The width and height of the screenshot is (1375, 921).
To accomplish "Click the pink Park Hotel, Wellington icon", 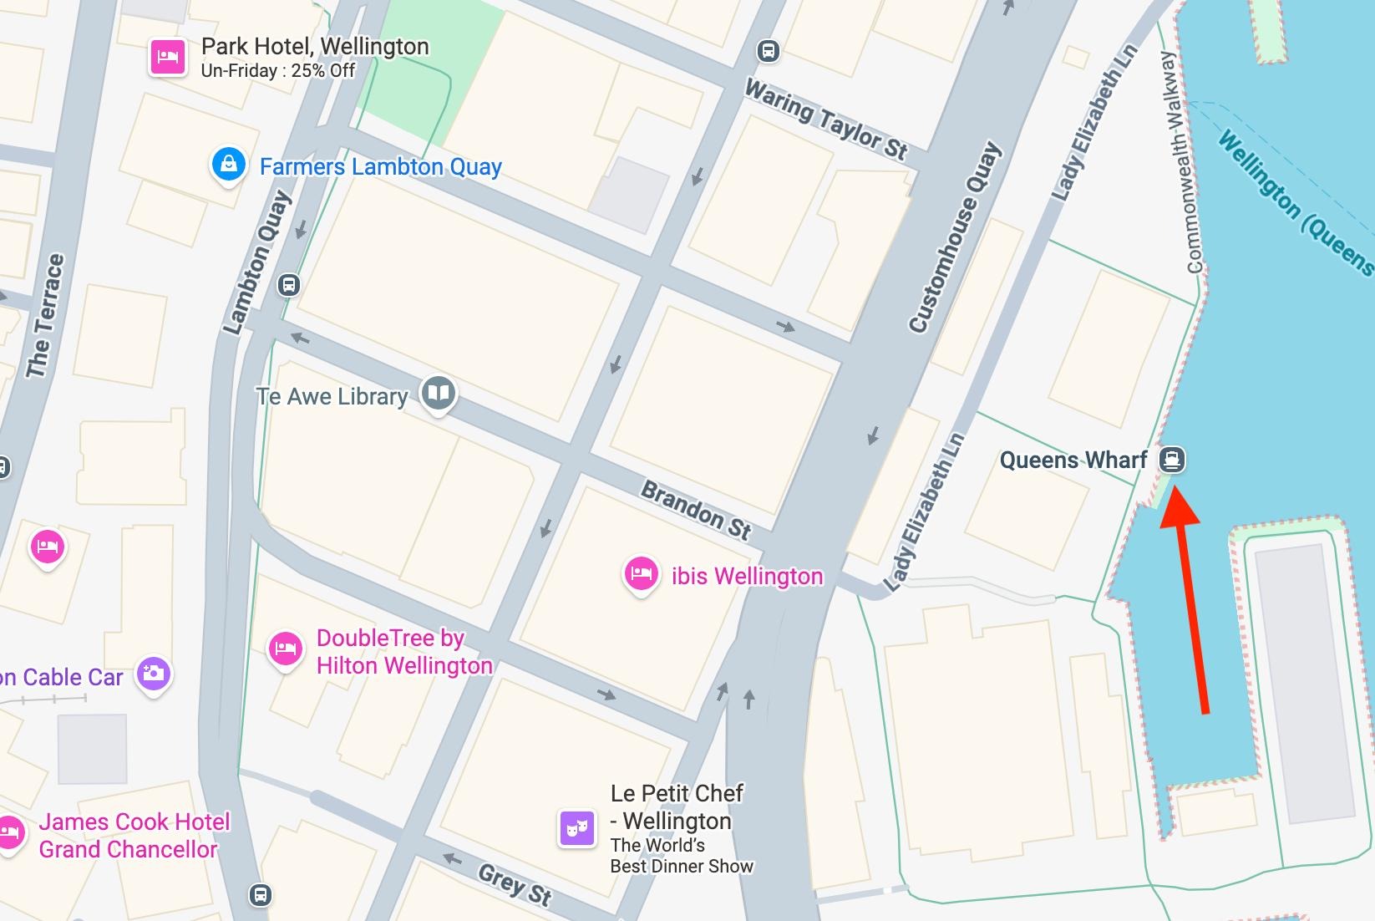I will (x=168, y=58).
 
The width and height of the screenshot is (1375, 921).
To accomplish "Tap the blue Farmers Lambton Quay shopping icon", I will (x=228, y=165).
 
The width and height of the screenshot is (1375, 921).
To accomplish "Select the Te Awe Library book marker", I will (x=439, y=392).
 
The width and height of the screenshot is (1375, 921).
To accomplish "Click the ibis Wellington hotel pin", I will (x=641, y=574).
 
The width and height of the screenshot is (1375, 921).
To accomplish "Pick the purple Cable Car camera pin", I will (x=154, y=673).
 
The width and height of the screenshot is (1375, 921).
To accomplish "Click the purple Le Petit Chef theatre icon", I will (x=576, y=828).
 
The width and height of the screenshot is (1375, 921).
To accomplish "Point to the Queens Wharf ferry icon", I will (x=1172, y=459).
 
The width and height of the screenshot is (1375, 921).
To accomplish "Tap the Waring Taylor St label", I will (x=825, y=120).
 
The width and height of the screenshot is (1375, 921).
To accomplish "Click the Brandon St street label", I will (x=696, y=509).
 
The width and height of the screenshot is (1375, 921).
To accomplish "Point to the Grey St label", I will (x=515, y=885).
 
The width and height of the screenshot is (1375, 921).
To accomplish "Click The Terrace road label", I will (x=45, y=316).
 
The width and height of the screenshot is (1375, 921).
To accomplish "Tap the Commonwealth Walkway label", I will (x=1181, y=163).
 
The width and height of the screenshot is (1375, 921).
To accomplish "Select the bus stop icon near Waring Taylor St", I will (x=768, y=51).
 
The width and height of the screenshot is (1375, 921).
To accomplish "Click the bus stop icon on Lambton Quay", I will (x=289, y=285).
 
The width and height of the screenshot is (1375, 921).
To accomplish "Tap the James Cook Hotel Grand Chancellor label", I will (x=134, y=835).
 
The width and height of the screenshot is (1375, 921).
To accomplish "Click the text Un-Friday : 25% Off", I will (x=278, y=71).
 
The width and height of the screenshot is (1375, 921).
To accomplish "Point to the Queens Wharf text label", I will (x=1073, y=460).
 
